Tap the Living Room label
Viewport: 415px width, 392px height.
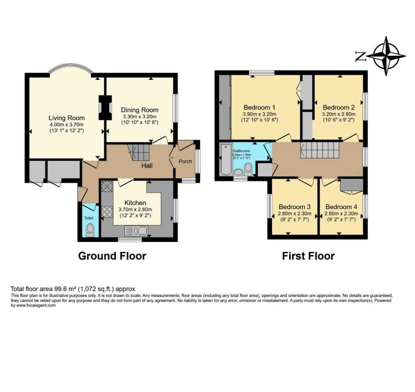66,118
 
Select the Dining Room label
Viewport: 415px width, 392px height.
140,110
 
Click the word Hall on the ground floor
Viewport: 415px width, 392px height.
147,166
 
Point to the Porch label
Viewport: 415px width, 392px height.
185,161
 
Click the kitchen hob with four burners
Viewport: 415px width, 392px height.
107,212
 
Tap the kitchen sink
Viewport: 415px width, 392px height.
137,231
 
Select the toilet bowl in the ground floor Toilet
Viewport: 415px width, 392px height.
90,230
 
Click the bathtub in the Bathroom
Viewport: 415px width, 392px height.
225,160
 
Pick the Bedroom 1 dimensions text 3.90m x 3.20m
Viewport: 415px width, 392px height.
260,114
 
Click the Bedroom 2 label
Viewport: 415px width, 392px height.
338,108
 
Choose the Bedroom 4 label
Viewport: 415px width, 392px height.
341,207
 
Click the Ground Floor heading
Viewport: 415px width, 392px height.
112,256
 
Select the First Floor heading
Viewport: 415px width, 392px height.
308,256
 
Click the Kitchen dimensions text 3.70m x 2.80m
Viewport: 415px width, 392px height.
135,209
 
